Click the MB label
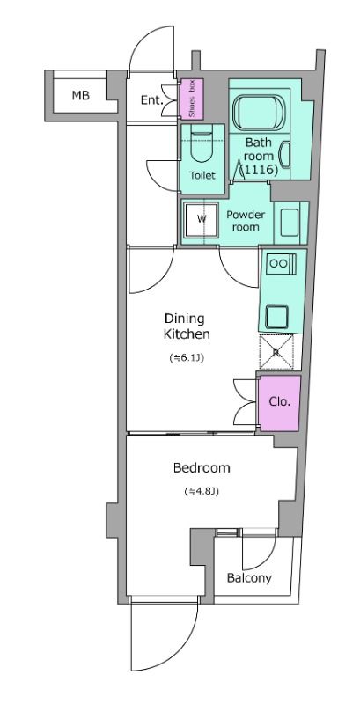(x=81, y=95)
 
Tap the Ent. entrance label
(x=151, y=100)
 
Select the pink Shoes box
(x=192, y=99)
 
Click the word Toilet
(x=202, y=175)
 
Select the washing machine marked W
(x=202, y=219)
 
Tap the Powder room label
(x=246, y=221)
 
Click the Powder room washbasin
(x=290, y=223)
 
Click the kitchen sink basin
(x=276, y=317)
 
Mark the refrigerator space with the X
(x=276, y=353)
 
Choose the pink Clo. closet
(x=280, y=403)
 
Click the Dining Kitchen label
(x=187, y=326)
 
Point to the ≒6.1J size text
(x=187, y=358)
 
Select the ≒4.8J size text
(x=201, y=491)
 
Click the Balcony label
(x=249, y=578)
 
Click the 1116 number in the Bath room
(x=259, y=171)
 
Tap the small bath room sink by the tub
(x=285, y=155)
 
